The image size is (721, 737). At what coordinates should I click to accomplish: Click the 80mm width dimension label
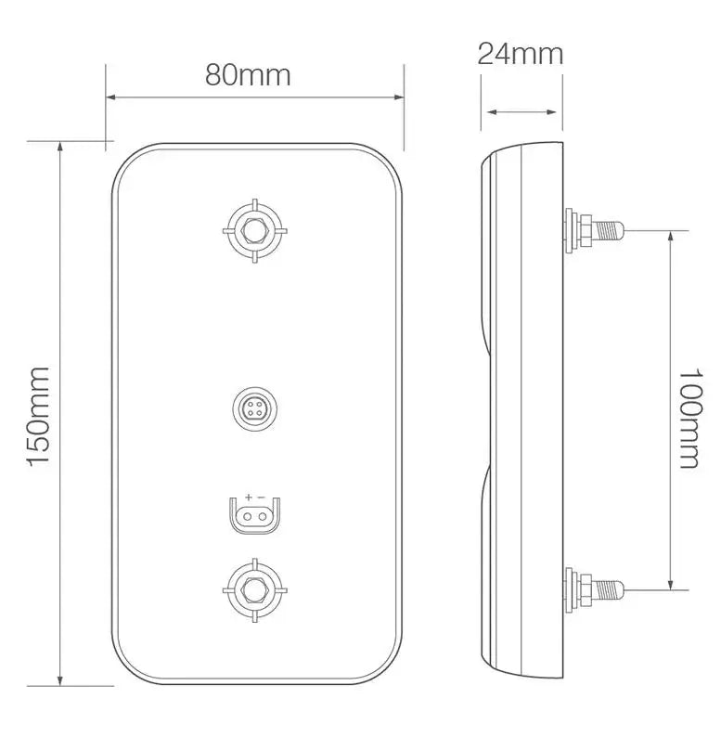coord(248,75)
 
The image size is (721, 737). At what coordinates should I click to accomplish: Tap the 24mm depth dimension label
coord(521,53)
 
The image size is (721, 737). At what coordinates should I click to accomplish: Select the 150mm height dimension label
coord(38,416)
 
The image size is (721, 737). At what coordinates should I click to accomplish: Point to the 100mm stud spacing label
coord(689,417)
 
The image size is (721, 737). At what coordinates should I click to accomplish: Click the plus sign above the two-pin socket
coord(249,498)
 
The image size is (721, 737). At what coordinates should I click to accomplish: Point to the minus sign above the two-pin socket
coord(262,498)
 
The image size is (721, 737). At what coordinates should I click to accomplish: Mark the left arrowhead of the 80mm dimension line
coord(110,97)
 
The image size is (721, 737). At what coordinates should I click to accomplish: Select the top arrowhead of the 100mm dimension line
coord(671,235)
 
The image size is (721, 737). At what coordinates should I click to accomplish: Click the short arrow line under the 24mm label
coord(521,112)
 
